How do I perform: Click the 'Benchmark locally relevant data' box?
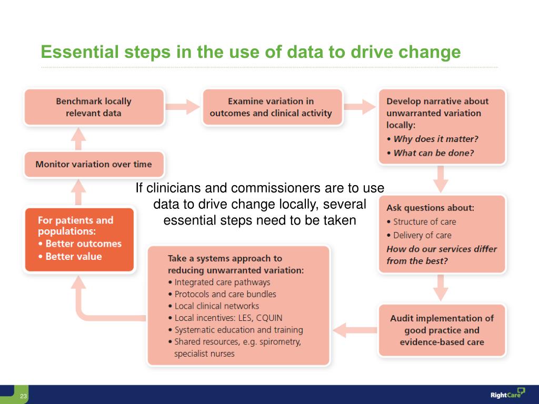[x=94, y=107]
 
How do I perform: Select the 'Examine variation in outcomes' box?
[x=271, y=107]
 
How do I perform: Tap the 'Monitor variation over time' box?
[x=94, y=164]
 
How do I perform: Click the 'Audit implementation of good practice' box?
[x=442, y=330]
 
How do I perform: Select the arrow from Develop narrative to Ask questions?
[x=442, y=179]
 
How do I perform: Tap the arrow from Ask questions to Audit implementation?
[x=442, y=287]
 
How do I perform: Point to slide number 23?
[x=23, y=396]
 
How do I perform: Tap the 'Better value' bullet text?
[x=74, y=257]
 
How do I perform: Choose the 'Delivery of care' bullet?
[x=422, y=235]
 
